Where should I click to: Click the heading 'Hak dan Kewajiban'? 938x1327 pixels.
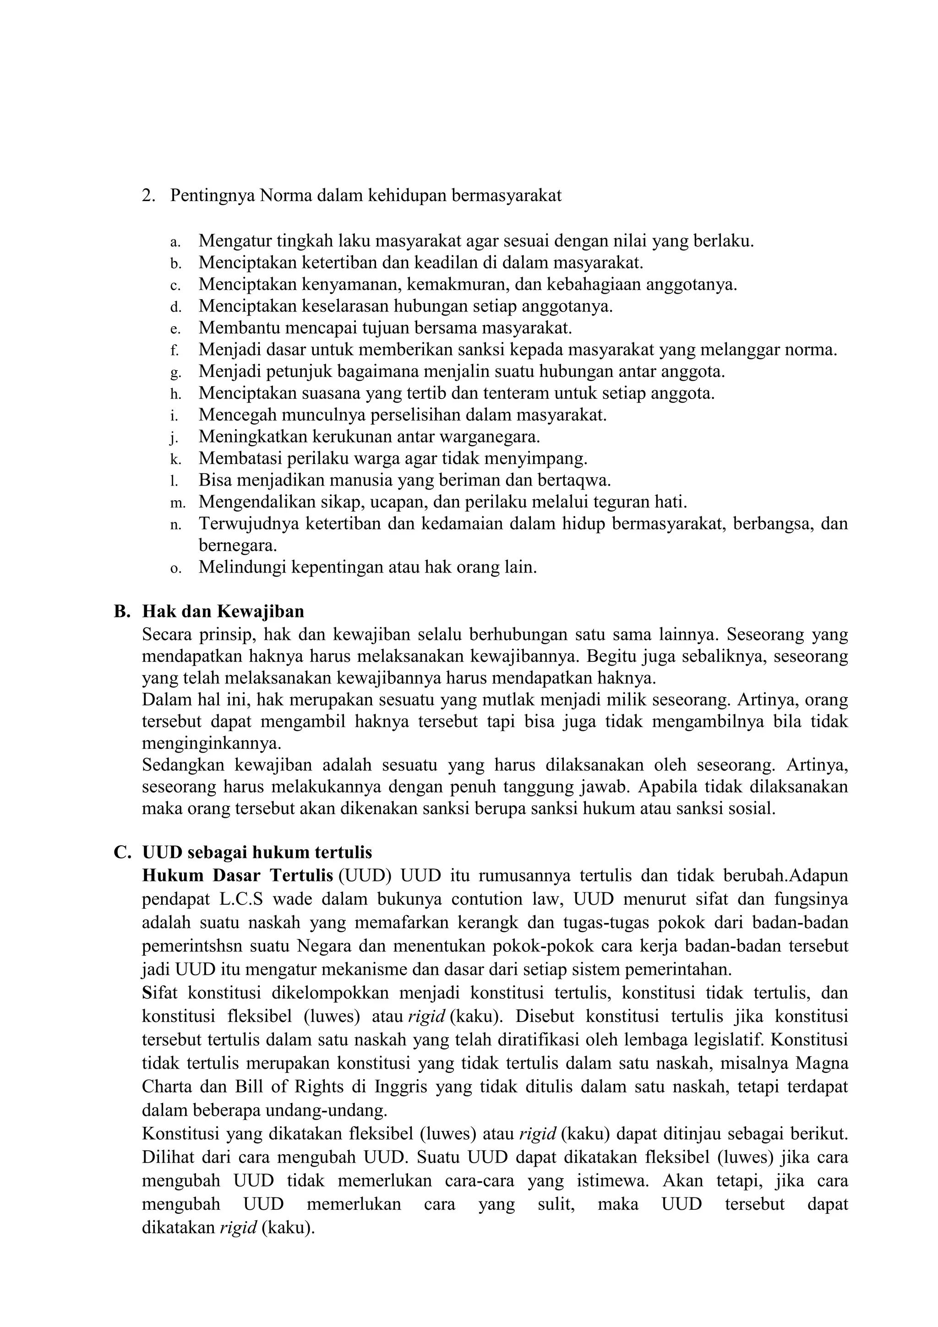click(223, 612)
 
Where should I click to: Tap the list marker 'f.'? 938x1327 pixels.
click(174, 350)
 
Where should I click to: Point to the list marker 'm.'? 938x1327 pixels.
click(177, 503)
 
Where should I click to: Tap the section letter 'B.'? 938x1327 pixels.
click(121, 612)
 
